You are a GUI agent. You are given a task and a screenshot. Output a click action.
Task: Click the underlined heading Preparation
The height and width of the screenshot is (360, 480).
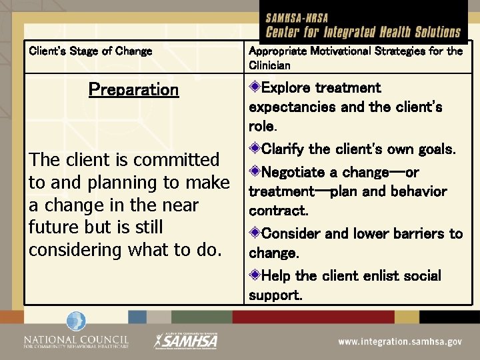click(x=133, y=90)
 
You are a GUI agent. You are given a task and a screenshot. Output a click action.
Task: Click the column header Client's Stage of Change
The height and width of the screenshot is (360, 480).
click(x=90, y=51)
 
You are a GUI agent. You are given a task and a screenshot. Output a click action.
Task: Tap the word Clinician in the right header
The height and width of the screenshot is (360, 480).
click(x=269, y=65)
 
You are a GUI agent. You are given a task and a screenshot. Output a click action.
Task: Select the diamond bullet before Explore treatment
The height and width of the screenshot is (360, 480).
click(x=255, y=87)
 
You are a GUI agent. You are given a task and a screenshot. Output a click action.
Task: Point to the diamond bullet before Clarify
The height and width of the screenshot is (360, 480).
click(x=255, y=148)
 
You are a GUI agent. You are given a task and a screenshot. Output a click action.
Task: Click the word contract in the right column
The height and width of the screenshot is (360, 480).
click(x=277, y=211)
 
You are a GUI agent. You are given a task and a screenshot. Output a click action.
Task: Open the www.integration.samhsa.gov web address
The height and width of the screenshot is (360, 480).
click(x=399, y=341)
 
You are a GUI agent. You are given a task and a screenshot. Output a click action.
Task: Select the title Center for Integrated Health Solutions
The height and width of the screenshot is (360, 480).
click(x=363, y=32)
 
